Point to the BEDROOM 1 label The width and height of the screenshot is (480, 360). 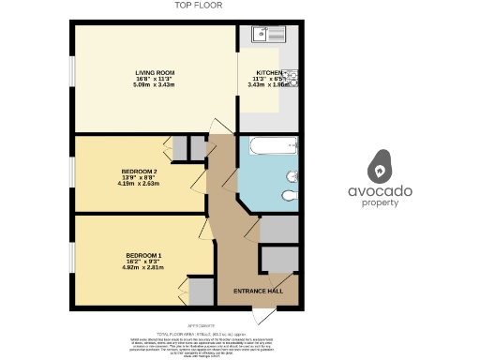point(144,254)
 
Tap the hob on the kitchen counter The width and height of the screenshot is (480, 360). point(291,77)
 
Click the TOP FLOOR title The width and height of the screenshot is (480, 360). point(199,6)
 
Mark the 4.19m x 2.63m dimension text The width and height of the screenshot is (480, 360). point(140,183)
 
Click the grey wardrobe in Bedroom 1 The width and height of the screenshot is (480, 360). point(200,292)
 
